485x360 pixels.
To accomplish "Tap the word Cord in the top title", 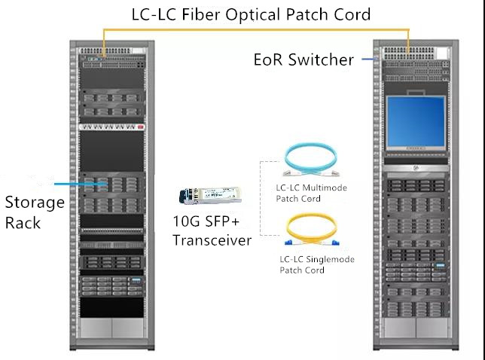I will coord(352,14).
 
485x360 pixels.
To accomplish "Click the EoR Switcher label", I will coord(304,59).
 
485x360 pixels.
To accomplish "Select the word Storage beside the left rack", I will coord(35,202).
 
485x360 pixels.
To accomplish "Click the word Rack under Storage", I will coord(23,222).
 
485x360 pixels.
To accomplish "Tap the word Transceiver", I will coord(212,240).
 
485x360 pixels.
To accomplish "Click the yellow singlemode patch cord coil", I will coord(312,230).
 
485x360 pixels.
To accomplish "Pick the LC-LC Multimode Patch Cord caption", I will coord(313,193).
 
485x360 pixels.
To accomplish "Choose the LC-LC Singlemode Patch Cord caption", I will coord(316,264).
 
